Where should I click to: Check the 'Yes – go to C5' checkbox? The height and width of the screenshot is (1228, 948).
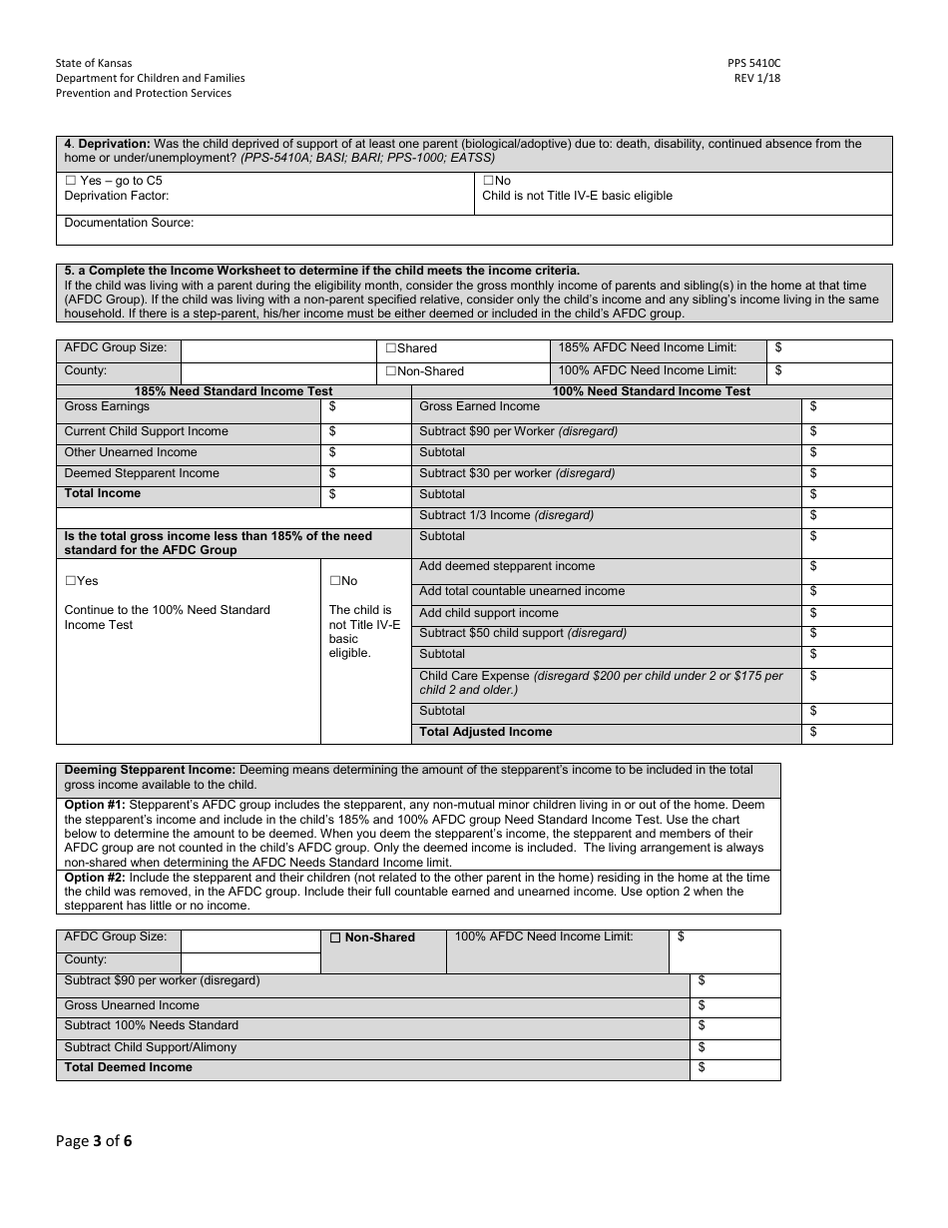tap(71, 182)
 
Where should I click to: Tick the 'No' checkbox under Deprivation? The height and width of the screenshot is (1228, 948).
tap(488, 182)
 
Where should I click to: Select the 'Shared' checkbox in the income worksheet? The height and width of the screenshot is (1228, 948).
tap(391, 348)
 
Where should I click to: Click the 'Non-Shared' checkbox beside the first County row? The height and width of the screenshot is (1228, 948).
tap(391, 371)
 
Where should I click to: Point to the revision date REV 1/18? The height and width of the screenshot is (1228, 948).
tap(757, 78)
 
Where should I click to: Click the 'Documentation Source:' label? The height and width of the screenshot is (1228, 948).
tap(129, 224)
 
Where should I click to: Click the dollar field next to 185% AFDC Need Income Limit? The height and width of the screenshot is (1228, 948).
tap(829, 348)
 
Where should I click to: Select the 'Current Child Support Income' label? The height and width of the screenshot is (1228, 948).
tap(146, 431)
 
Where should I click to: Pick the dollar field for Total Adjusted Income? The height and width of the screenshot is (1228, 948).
tap(846, 733)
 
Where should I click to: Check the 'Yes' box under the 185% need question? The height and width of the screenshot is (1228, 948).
tap(71, 581)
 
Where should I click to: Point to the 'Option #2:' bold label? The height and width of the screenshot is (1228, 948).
tap(95, 878)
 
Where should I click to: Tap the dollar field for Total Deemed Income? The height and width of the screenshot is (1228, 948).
tap(734, 1068)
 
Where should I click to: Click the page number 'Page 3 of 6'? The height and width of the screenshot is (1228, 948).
tap(94, 1141)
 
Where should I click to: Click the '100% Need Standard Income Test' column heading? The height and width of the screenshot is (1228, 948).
tap(651, 391)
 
